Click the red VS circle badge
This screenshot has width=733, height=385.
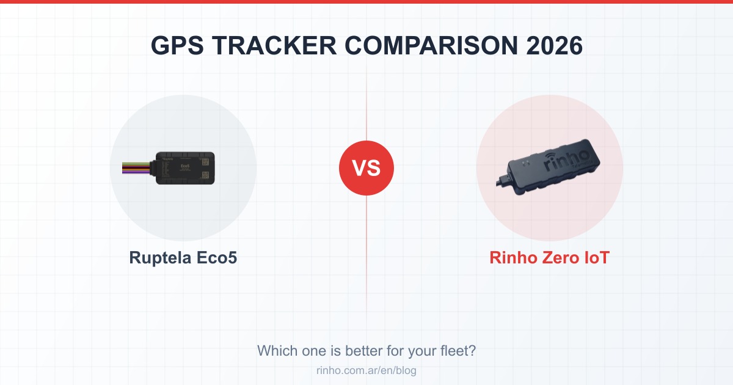[366, 168]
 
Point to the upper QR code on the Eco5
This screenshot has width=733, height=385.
[206, 161]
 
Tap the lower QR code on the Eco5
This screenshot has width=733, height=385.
[206, 175]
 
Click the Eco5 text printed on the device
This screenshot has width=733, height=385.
[186, 166]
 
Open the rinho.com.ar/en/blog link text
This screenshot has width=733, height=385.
[366, 370]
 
